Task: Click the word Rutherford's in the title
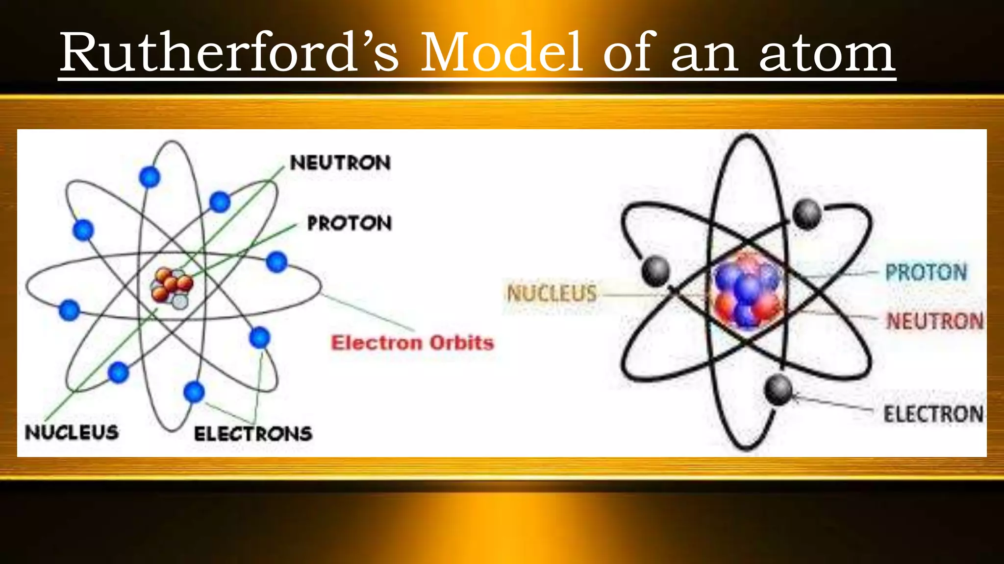coord(229,53)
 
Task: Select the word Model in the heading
coord(502,53)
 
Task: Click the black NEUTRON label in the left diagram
coord(340,163)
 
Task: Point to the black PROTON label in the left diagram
coord(350,223)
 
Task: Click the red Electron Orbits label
coord(412,343)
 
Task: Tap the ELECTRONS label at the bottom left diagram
coord(253,434)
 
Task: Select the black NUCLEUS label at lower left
coord(72,432)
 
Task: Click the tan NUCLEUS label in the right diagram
coord(552,293)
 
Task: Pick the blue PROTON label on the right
coord(926,272)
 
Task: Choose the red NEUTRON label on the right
coord(935,321)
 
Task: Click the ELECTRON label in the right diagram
coord(933,414)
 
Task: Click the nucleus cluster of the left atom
coord(172,288)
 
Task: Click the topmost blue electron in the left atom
coord(150,177)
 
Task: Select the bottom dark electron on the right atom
coord(778,390)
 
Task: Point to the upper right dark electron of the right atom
coord(807,214)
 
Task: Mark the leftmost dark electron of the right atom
coord(656,271)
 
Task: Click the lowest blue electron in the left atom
coord(194,392)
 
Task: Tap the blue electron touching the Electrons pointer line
coord(259,337)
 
